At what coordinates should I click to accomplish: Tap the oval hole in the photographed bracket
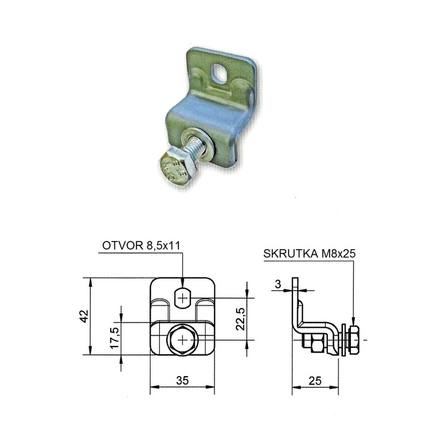221,73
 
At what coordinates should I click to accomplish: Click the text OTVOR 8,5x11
141,245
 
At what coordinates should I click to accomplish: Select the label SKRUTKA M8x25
309,253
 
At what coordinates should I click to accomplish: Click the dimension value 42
84,316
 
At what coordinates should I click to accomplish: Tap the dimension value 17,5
114,338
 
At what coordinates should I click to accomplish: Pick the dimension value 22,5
240,319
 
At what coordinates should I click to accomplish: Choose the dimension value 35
182,380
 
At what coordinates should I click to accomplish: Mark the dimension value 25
315,381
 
